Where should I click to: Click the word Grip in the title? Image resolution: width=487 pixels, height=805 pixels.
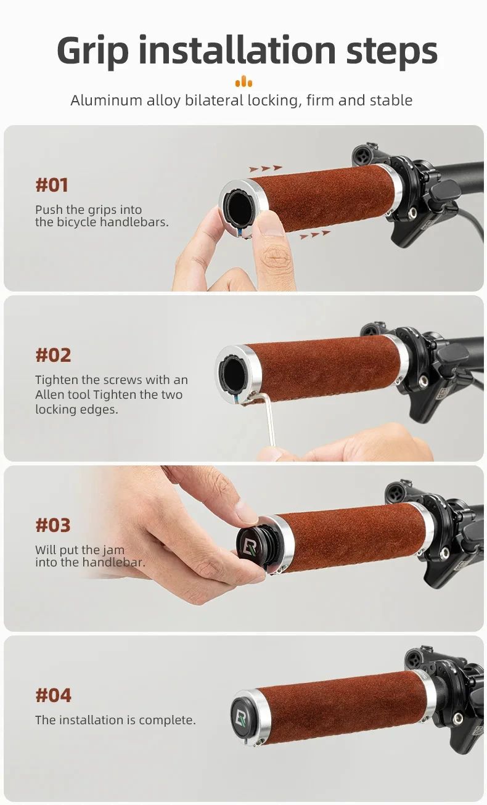[x=92, y=51]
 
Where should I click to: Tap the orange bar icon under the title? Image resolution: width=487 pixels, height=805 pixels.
[x=243, y=81]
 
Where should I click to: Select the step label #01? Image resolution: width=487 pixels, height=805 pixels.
[x=52, y=186]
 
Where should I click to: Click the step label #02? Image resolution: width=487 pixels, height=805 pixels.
[x=53, y=356]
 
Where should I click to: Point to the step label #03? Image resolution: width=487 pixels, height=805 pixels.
[x=53, y=525]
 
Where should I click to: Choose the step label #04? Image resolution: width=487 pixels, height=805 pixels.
[x=54, y=695]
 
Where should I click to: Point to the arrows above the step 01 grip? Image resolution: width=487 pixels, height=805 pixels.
[x=266, y=168]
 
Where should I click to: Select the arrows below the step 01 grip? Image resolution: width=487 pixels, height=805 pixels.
[x=315, y=235]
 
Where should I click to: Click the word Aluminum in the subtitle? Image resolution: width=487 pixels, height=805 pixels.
[x=107, y=100]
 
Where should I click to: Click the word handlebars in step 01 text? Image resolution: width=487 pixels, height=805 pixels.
[x=134, y=222]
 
